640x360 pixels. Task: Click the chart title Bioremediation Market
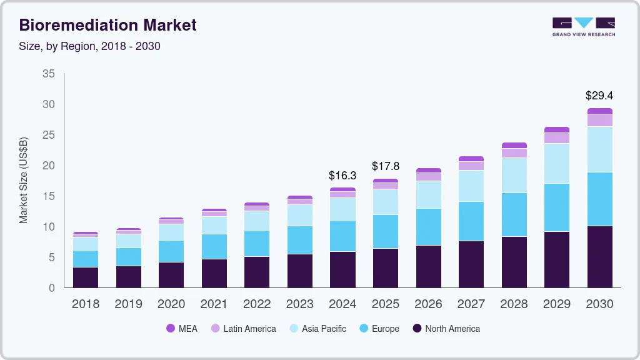point(108,25)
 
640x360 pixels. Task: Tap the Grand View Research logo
point(583,27)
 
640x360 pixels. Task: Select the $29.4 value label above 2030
point(599,96)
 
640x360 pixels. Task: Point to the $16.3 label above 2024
point(342,176)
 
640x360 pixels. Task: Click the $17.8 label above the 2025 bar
point(386,166)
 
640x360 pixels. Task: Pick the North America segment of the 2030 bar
point(599,256)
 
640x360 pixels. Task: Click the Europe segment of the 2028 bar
point(514,214)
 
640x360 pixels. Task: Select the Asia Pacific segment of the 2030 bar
point(599,149)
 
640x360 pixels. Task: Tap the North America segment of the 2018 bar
point(86,277)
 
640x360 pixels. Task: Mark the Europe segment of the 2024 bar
point(342,236)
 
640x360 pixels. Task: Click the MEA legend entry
point(182,328)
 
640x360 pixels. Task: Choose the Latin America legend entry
point(243,328)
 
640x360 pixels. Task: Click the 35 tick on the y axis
point(49,74)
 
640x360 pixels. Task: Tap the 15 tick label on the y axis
point(49,196)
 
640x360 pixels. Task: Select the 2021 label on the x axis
point(214,304)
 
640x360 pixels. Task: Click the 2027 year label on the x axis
point(471,304)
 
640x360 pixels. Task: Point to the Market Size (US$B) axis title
point(24,180)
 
